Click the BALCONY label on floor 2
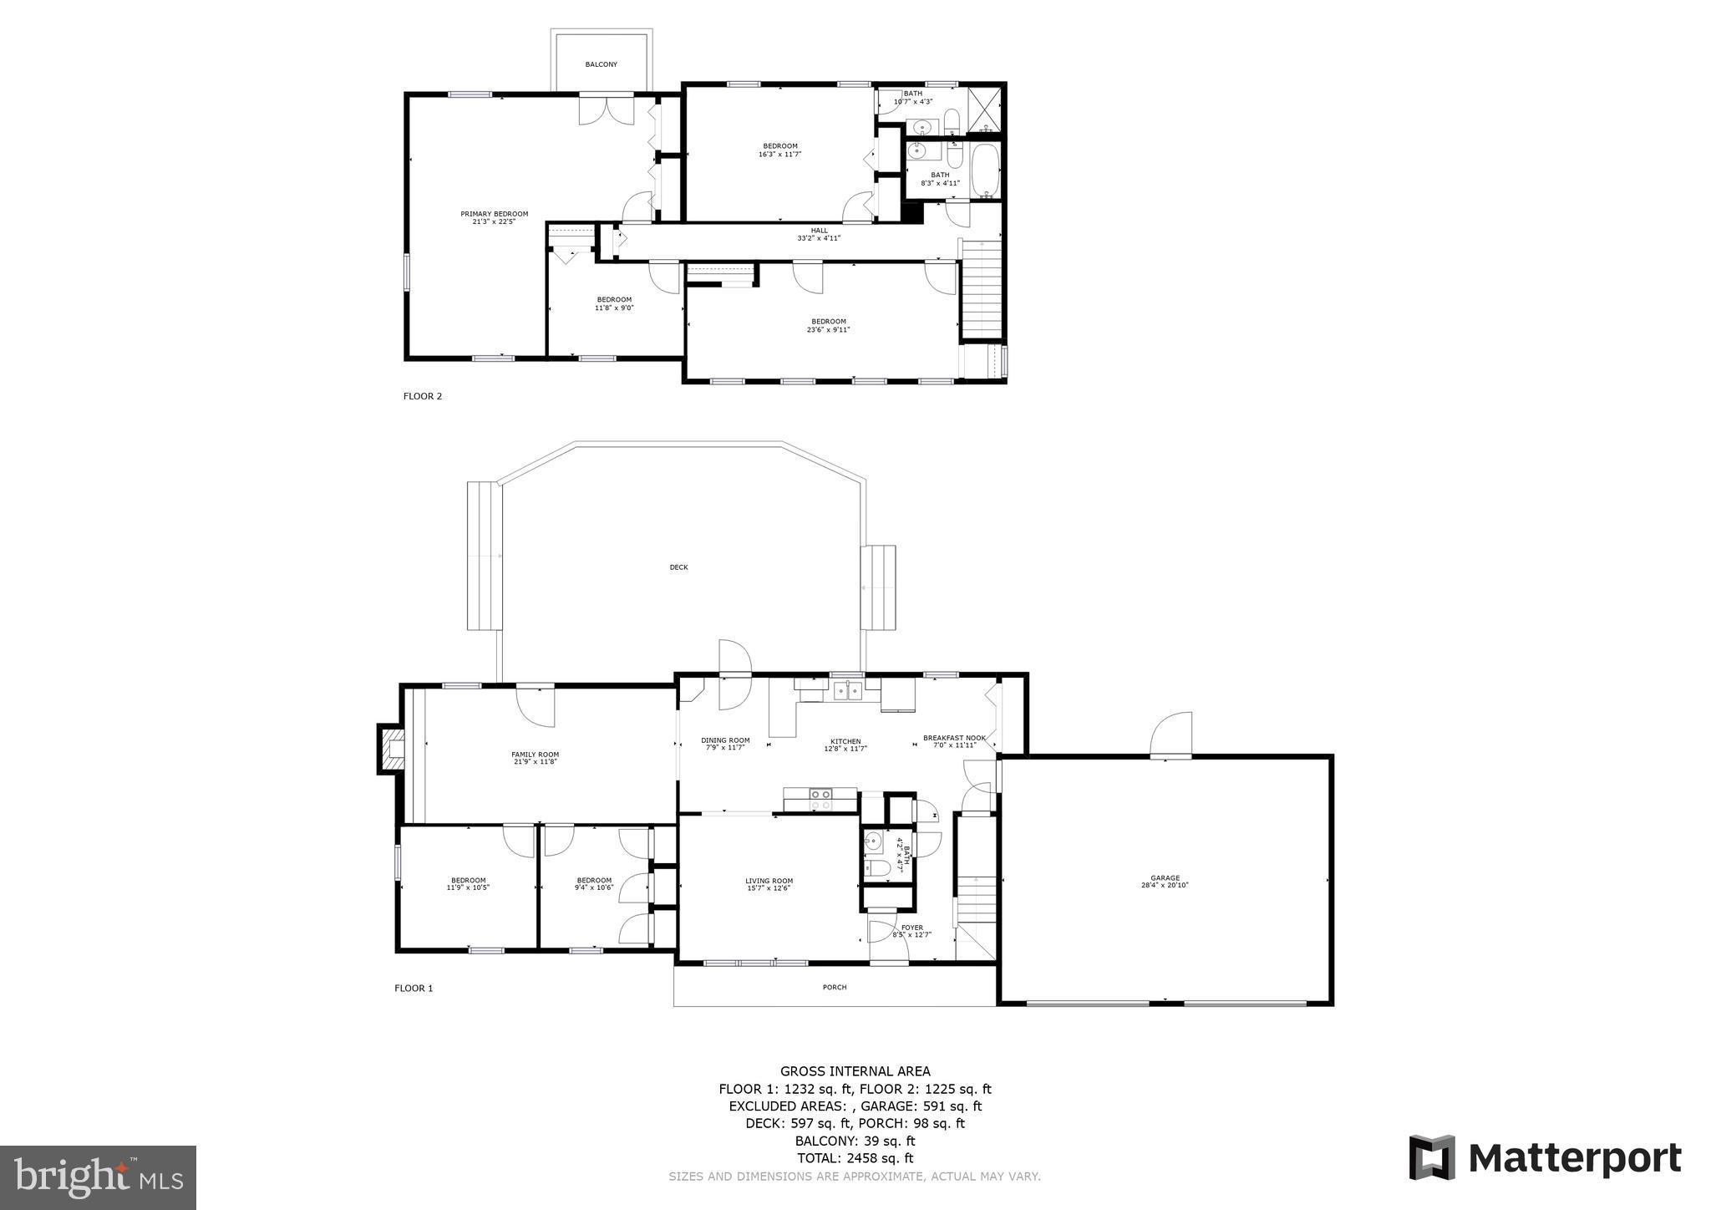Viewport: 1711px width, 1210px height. pyautogui.click(x=601, y=64)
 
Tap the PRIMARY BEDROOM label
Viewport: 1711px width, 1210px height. pyautogui.click(x=494, y=217)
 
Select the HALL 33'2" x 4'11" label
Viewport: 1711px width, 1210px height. pyautogui.click(x=819, y=234)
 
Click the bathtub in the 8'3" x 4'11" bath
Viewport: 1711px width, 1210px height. pyautogui.click(x=986, y=170)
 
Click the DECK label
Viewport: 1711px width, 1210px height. pyautogui.click(x=678, y=567)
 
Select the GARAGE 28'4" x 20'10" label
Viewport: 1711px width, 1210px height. pyautogui.click(x=1165, y=882)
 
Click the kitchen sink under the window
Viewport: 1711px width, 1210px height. pyautogui.click(x=847, y=690)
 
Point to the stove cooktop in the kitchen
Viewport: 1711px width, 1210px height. pyautogui.click(x=820, y=799)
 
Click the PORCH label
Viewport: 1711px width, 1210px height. pyautogui.click(x=835, y=987)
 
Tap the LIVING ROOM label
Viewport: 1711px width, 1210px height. pyautogui.click(x=769, y=884)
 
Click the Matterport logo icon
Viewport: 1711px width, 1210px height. pyautogui.click(x=1432, y=1157)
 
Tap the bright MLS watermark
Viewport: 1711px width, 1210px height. pyautogui.click(x=98, y=1177)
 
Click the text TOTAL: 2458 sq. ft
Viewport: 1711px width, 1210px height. pyautogui.click(x=855, y=1158)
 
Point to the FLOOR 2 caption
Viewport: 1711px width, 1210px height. pyautogui.click(x=423, y=396)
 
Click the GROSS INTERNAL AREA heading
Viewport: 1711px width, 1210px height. pyautogui.click(x=855, y=1071)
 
